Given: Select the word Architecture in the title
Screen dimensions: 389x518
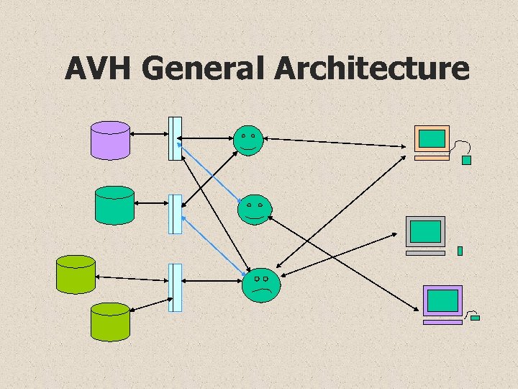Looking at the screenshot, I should [371, 68].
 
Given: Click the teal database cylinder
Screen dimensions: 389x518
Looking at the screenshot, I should [115, 205].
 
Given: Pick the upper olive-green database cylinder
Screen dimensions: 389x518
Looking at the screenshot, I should [76, 274].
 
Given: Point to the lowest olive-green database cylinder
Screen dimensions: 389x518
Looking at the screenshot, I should [110, 321].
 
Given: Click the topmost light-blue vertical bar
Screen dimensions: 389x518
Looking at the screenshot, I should [175, 138].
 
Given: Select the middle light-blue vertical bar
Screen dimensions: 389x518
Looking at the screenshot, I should [175, 214].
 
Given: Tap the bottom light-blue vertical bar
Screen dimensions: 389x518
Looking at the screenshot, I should [175, 287].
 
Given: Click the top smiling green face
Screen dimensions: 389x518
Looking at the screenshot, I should [249, 139].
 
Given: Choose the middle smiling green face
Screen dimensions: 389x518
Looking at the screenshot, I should [254, 209].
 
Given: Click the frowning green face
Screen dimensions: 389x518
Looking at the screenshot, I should [261, 285].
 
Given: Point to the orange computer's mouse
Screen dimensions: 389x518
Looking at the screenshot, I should [466, 160].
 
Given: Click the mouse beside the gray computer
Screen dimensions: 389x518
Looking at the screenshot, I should [460, 251].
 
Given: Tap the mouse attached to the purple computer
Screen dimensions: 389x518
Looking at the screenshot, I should [475, 317].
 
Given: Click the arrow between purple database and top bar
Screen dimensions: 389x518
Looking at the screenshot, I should [149, 135].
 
